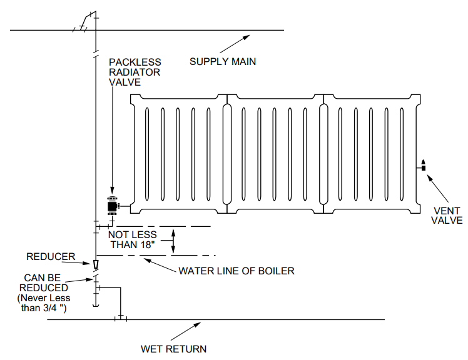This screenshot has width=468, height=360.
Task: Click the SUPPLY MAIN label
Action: pos(223,61)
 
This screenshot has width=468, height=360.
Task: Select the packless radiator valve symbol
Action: pos(113,204)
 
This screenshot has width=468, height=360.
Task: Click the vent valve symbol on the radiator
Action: pos(423,166)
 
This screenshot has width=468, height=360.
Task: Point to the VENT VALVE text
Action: pos(447,216)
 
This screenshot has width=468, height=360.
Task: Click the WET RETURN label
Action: pos(173,349)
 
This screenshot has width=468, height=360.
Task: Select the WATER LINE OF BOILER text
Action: pos(236,271)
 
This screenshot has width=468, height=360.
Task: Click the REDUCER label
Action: pos(51,256)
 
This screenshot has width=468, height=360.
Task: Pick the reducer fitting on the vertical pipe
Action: pos(95,265)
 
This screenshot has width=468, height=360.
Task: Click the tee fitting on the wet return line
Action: pos(121,319)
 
